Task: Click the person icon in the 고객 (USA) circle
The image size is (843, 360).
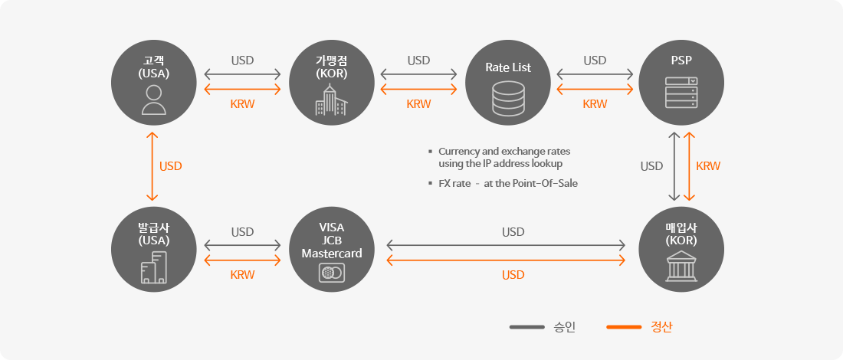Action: pos(154,100)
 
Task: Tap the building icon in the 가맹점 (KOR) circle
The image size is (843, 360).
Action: pos(331,100)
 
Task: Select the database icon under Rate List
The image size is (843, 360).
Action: pos(507,98)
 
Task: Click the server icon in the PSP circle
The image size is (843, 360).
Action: pos(681,93)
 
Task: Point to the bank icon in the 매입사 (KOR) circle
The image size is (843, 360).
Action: pos(681,266)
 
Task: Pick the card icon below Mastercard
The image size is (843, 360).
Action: pos(331,273)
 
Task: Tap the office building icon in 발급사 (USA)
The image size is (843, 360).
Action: pos(154,267)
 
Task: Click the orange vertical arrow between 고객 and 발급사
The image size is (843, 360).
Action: pos(153,166)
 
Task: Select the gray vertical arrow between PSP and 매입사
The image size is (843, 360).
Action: pos(673,166)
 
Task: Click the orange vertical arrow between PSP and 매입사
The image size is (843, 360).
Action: pos(688,166)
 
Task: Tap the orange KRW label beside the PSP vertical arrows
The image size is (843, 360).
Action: pos(708,166)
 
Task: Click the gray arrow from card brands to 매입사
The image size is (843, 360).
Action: pos(506,246)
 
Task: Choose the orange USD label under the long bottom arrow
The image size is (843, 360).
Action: pos(513,275)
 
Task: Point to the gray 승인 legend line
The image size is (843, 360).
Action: pos(527,327)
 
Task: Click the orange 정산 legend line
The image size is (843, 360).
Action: pos(624,327)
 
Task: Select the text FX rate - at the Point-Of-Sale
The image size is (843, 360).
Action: pos(508,183)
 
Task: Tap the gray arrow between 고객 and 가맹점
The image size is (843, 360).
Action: pos(242,74)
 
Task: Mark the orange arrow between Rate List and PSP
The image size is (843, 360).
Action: pos(595,89)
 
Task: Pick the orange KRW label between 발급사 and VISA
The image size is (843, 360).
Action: pos(242,275)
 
